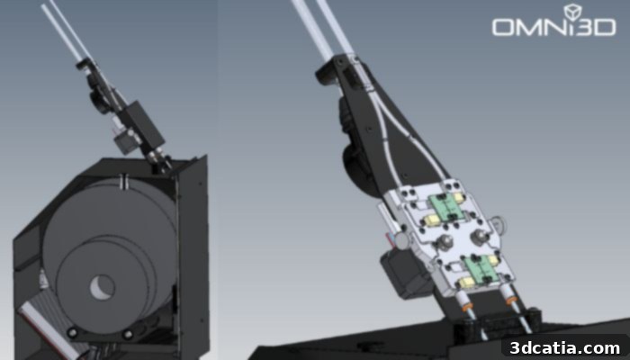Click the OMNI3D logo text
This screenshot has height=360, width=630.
pyautogui.click(x=553, y=27)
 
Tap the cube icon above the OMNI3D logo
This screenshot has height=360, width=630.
pyautogui.click(x=572, y=12)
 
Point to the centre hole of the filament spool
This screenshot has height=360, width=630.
pyautogui.click(x=102, y=287)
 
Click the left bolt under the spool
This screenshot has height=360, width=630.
pyautogui.click(x=73, y=332)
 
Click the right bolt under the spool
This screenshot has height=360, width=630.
pyautogui.click(x=128, y=334)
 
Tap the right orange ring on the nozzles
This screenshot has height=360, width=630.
pyautogui.click(x=510, y=301)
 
